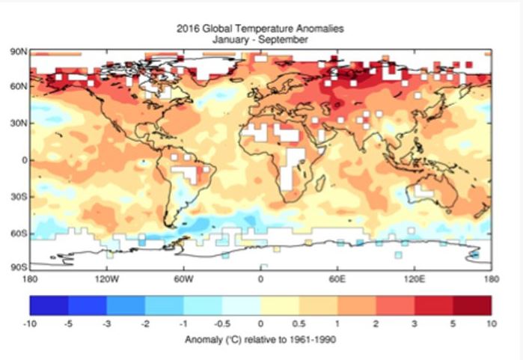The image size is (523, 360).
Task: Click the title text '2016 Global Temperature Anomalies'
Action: click(261, 29)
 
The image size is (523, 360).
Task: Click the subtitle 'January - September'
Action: click(261, 39)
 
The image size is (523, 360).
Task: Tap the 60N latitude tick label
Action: click(19, 87)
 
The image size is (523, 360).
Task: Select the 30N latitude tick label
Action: click(19, 123)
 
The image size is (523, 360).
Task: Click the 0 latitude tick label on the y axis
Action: click(23, 159)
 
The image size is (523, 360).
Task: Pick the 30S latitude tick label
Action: click(19, 196)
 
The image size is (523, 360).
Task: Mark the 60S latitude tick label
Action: click(19, 233)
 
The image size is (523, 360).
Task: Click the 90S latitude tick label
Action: click(19, 267)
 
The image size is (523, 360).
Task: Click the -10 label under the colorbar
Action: click(31, 325)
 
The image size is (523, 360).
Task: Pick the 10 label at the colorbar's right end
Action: click(491, 325)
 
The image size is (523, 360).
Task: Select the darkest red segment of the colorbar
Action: click(472, 305)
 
